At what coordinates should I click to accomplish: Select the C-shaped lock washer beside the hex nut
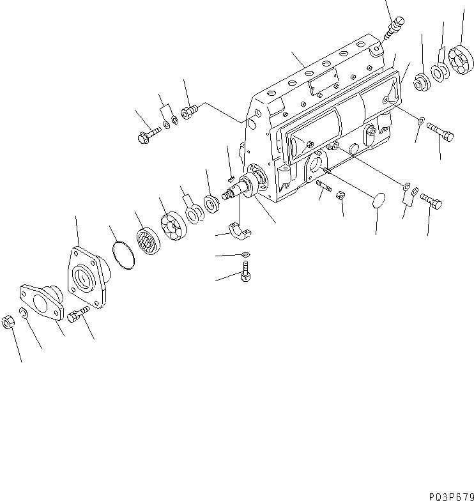(23, 312)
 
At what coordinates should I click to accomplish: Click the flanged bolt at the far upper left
(146, 135)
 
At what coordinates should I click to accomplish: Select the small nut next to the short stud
(341, 197)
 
